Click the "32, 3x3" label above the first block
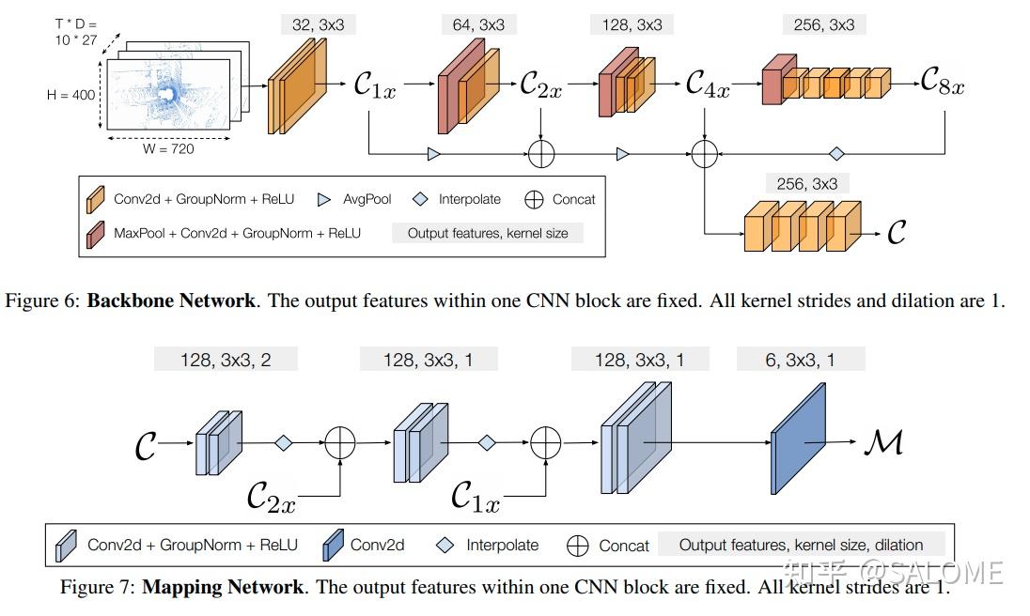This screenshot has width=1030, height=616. [317, 25]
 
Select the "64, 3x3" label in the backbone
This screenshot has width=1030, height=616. [477, 25]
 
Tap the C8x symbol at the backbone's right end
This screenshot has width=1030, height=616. [942, 84]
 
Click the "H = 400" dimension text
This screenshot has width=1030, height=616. [70, 95]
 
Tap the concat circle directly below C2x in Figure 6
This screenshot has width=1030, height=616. [541, 153]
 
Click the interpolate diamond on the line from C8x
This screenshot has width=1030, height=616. [836, 153]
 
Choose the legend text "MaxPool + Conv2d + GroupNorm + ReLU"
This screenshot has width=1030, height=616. [237, 233]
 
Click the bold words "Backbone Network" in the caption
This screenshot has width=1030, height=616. [170, 301]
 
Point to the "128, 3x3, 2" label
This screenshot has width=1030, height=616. [226, 360]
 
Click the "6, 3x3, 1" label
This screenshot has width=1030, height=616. [801, 360]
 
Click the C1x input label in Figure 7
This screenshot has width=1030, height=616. [475, 495]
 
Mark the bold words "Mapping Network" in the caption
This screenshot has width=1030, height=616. [223, 587]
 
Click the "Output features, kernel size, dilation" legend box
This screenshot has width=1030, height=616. [801, 545]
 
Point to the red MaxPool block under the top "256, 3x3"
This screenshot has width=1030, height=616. [772, 79]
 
